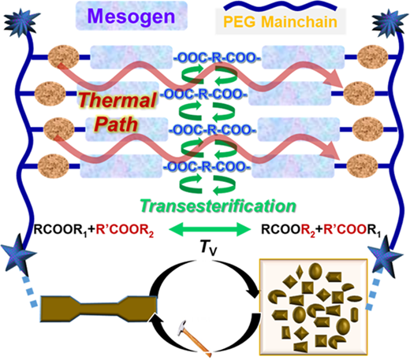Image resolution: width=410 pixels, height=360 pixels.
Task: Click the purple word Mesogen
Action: [131, 17]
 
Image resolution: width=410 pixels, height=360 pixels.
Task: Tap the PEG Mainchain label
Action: [280, 22]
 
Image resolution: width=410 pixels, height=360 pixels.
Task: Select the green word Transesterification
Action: [218, 206]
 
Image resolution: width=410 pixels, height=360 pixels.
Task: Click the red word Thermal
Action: [117, 100]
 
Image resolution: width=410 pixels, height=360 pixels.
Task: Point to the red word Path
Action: [116, 124]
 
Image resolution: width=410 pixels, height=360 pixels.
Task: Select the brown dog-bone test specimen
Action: [99, 309]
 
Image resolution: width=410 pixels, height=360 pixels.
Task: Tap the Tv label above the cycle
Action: [208, 247]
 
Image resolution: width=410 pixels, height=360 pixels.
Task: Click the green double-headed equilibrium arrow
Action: [210, 229]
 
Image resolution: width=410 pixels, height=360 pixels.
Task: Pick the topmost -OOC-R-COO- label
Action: [217, 58]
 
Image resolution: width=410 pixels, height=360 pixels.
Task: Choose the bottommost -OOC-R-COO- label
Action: [207, 166]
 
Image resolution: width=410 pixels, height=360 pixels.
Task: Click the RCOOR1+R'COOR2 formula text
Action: [94, 230]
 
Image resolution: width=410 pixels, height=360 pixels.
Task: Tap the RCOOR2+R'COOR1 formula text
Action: [321, 230]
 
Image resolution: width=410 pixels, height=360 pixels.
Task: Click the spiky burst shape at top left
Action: [21, 22]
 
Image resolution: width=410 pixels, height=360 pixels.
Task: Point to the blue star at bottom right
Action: [385, 256]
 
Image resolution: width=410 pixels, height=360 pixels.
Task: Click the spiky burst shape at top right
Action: [389, 22]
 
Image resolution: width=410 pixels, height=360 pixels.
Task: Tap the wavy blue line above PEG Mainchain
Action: [280, 6]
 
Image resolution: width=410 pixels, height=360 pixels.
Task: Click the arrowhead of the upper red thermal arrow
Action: [334, 78]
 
